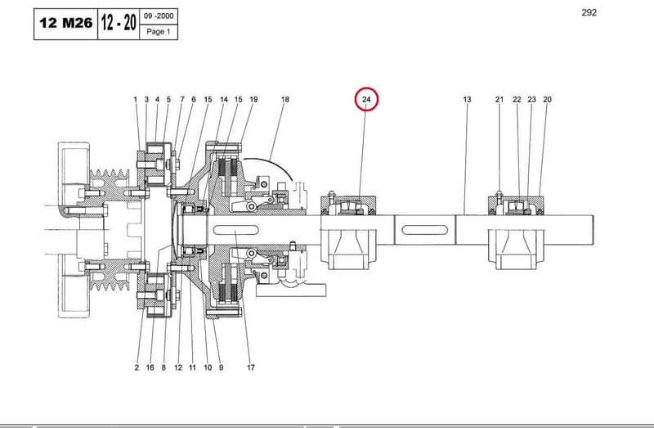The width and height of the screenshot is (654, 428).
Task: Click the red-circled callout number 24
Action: click(366, 99)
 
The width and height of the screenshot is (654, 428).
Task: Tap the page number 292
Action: click(589, 12)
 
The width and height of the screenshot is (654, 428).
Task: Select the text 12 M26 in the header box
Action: click(66, 23)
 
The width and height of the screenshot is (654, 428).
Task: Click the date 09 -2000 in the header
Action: click(159, 16)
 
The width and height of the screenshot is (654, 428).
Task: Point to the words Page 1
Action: click(159, 32)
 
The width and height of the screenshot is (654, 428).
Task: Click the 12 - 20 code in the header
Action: click(119, 22)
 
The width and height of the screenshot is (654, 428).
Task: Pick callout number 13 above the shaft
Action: click(467, 99)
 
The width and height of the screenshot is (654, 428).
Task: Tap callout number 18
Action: click(284, 99)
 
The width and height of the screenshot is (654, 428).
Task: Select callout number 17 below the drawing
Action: click(250, 367)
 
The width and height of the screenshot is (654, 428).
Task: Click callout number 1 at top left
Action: click(135, 99)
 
